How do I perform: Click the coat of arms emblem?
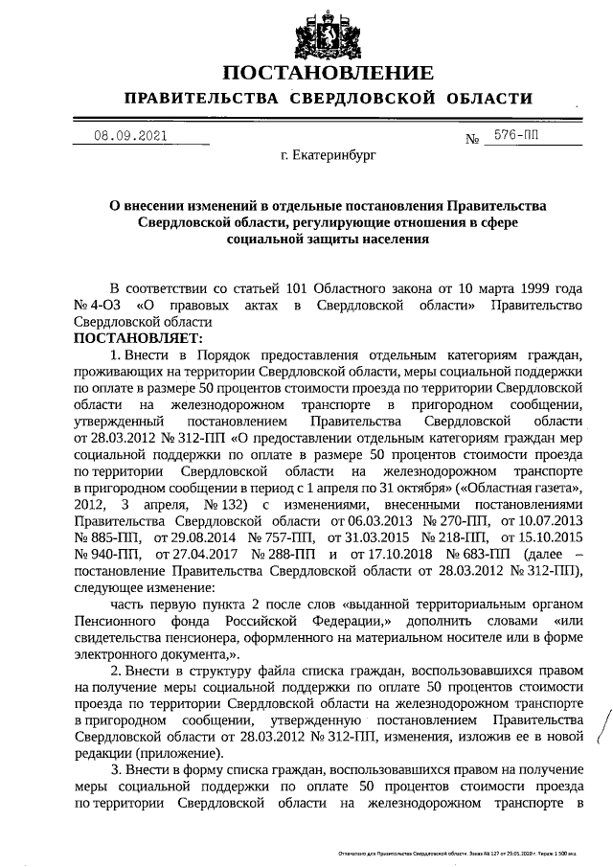coord(328,33)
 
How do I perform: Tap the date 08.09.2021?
coord(130,135)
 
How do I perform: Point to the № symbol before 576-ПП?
coord(472,140)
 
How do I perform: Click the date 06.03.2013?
coord(365,520)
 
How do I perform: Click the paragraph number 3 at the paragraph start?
coord(116,769)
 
